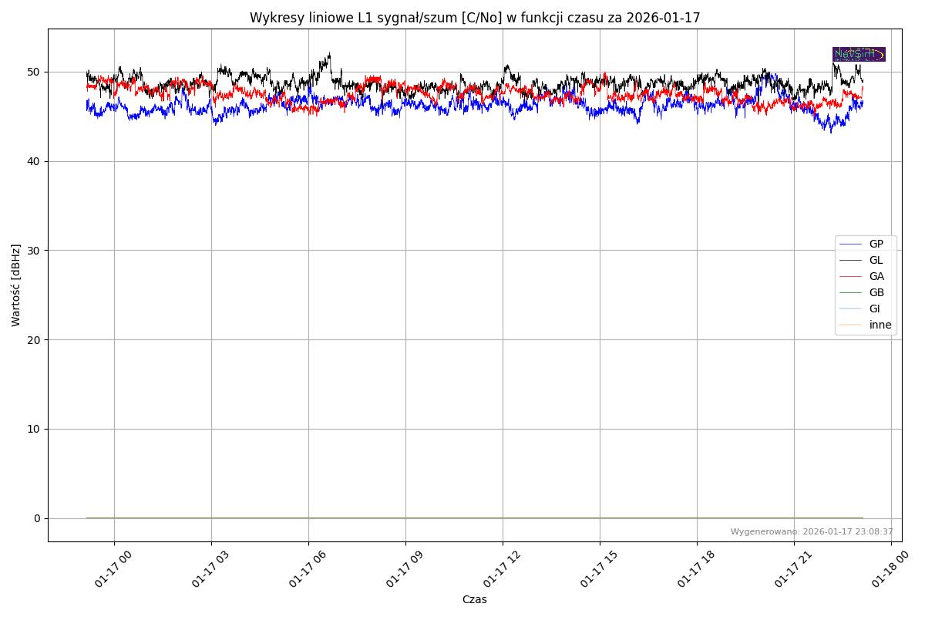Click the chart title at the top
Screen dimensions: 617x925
(474, 18)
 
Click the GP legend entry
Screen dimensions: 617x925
(876, 244)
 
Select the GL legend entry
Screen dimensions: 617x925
(876, 260)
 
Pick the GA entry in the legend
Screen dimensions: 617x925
(876, 276)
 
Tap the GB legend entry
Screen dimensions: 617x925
(876, 292)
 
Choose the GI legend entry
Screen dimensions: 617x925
(874, 308)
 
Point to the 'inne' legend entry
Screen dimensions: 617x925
(880, 325)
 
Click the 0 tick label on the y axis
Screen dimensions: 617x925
(36, 518)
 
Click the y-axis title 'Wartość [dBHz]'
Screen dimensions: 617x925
(16, 285)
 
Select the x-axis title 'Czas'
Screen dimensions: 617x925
(474, 599)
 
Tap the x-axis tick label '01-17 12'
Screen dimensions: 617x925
(501, 569)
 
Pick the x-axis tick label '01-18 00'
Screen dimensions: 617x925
(890, 569)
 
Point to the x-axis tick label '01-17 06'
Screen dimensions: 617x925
(307, 569)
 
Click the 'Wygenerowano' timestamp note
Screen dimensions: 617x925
(812, 531)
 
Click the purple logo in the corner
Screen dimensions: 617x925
(859, 54)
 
